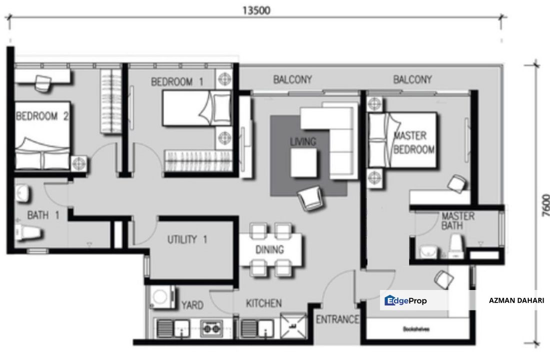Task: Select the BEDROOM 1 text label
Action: click(x=177, y=82)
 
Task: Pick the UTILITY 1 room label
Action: click(x=187, y=239)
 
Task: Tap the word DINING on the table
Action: click(x=270, y=249)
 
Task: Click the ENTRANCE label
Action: click(x=337, y=319)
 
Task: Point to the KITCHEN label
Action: click(x=263, y=303)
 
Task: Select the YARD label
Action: click(x=191, y=304)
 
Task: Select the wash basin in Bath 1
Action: click(x=22, y=193)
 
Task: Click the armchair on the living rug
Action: click(x=309, y=199)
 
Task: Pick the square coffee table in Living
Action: click(x=304, y=163)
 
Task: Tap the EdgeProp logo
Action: click(x=405, y=300)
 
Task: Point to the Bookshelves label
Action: click(x=416, y=329)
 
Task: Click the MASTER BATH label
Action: click(x=457, y=221)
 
